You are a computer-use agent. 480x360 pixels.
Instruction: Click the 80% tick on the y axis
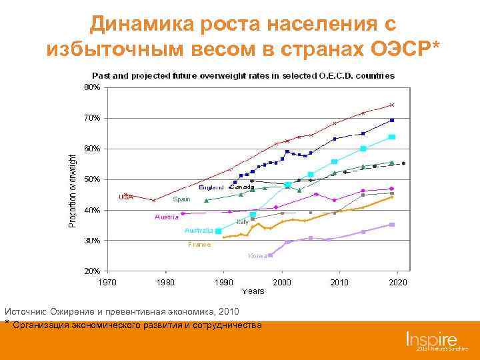91,87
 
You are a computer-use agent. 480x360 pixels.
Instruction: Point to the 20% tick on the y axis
91,271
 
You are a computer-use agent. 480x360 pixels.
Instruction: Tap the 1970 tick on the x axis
107,282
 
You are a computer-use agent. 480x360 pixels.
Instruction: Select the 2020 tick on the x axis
398,282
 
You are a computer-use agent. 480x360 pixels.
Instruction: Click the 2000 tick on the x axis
281,282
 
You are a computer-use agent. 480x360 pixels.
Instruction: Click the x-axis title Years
253,291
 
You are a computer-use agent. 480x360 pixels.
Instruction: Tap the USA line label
125,197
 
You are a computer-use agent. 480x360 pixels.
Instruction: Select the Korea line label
257,256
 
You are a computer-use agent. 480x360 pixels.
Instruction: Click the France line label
199,245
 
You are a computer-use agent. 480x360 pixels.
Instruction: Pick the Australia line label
199,231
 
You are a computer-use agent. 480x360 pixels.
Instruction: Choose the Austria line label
166,217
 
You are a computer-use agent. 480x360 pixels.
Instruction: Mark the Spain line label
181,199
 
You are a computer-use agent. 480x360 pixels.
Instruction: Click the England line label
211,187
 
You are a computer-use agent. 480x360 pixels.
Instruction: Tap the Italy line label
243,221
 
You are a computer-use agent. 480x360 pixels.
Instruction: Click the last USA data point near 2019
392,105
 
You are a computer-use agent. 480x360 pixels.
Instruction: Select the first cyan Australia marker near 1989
218,231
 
